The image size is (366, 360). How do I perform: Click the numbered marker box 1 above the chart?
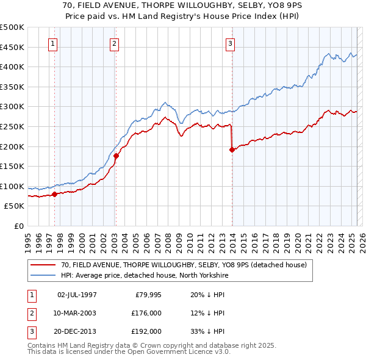coord(54,43)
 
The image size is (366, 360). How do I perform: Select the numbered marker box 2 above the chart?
coord(115,43)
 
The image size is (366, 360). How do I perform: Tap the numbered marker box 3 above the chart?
coord(231,43)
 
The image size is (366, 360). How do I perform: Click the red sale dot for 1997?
coord(54,194)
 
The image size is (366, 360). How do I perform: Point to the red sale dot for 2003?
coord(116,156)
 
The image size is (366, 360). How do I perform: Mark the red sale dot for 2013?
coord(232,149)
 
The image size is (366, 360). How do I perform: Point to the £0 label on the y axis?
coord(19,226)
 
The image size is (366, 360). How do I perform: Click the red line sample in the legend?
coord(43,265)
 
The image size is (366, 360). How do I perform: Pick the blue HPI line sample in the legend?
coord(43,275)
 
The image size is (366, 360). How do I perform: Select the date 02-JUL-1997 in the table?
coord(77,295)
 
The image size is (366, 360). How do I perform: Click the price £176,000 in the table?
coord(146,313)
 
